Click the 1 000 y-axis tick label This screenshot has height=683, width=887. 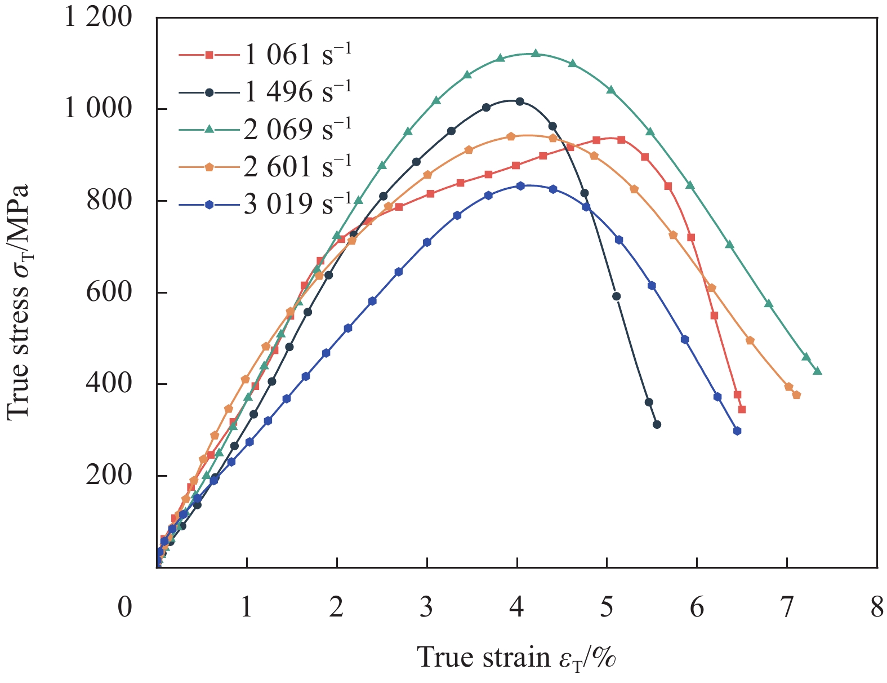pos(98,108)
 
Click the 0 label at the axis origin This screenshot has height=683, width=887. pos(125,608)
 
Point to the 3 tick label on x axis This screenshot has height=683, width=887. pos(426,608)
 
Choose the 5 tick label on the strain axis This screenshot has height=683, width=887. pos(607,608)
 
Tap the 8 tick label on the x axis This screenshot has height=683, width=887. pos(876,608)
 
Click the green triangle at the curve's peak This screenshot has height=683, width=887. pos(536,54)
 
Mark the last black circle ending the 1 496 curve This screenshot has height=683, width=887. pos(657,424)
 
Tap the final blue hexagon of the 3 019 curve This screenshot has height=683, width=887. pos(737,431)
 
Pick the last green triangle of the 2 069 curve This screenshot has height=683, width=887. pos(817,371)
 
